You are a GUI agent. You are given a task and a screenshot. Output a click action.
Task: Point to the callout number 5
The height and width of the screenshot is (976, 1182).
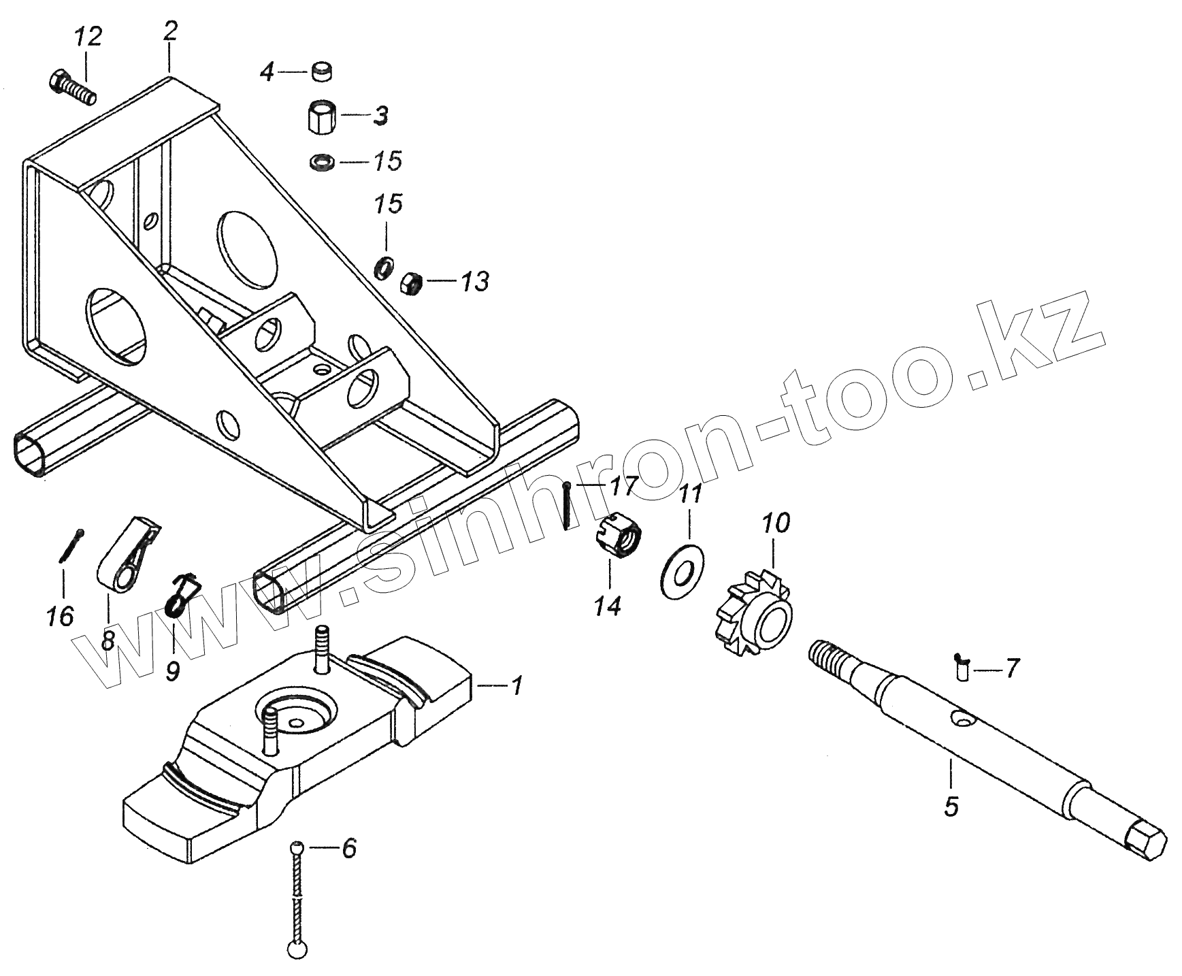pyautogui.click(x=951, y=807)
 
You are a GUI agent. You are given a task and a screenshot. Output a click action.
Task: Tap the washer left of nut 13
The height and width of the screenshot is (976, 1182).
pyautogui.click(x=384, y=267)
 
